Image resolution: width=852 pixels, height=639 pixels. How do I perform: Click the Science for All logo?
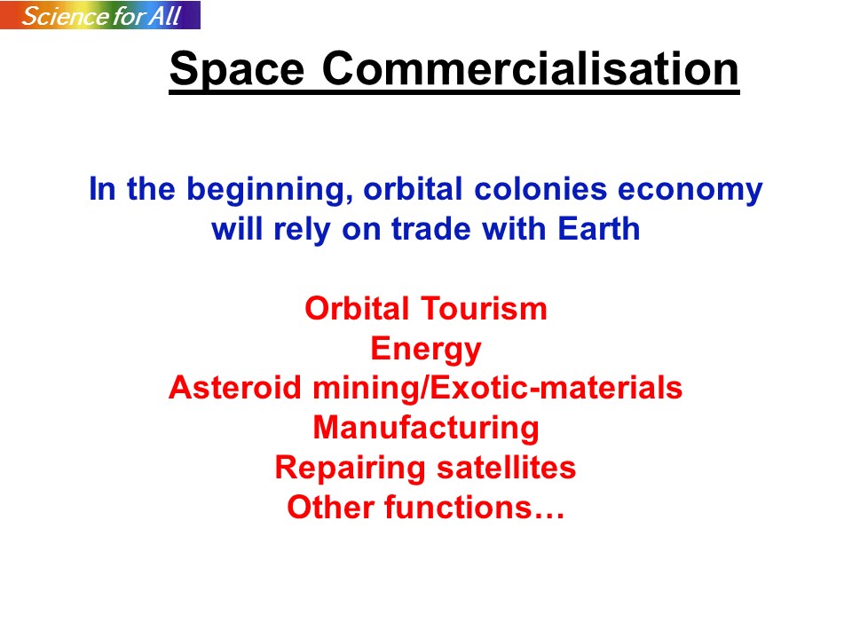pyautogui.click(x=100, y=15)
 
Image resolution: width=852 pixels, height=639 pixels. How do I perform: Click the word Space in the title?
pyautogui.click(x=236, y=69)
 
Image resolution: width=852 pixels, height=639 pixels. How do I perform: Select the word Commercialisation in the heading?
pyautogui.click(x=530, y=68)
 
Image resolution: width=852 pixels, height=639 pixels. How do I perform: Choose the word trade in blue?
pyautogui.click(x=431, y=228)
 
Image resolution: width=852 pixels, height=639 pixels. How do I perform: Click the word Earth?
pyautogui.click(x=599, y=228)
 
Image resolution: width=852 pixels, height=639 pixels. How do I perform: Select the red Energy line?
pyautogui.click(x=426, y=350)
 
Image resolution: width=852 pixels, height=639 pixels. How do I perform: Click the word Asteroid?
pyautogui.click(x=234, y=388)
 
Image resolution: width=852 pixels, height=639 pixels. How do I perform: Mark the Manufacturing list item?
pyautogui.click(x=426, y=429)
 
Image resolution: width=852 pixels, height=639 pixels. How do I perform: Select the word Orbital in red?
pyautogui.click(x=357, y=308)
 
